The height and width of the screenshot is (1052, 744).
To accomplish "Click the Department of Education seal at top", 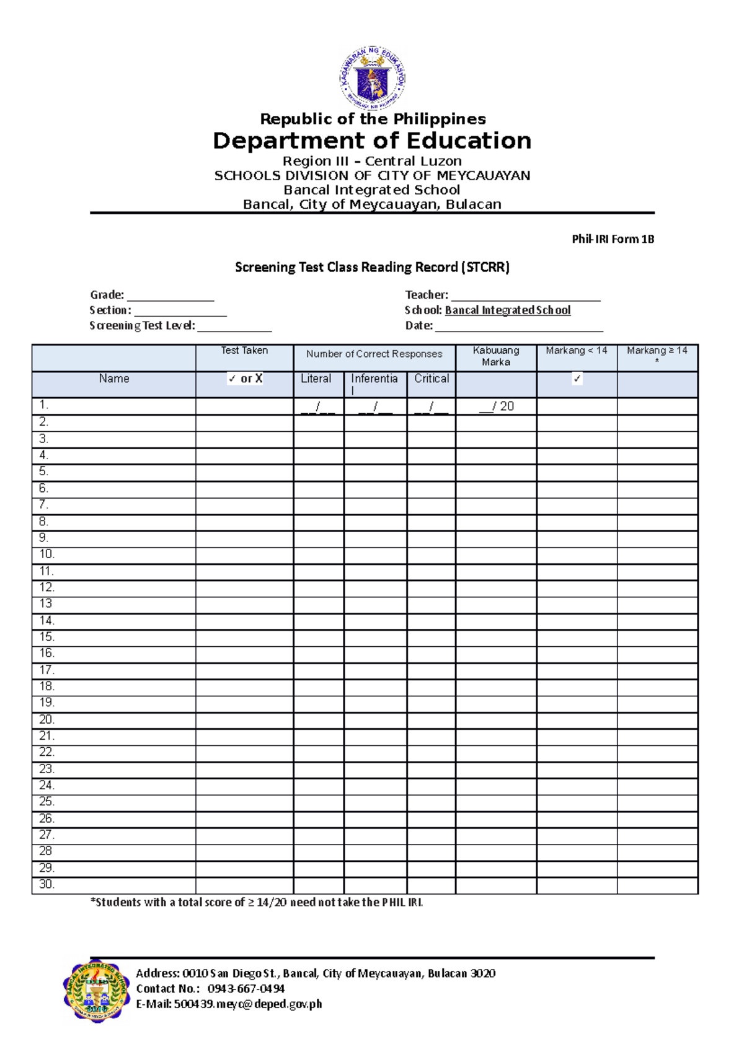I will [373, 79].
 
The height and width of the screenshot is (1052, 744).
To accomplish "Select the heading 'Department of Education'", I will [372, 141].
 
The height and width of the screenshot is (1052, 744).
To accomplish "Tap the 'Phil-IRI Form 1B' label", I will [613, 239].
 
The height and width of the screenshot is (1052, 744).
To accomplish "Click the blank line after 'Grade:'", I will [170, 296].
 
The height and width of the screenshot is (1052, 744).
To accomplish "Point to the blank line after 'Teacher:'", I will [526, 296].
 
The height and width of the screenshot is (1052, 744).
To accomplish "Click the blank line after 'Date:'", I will [519, 327].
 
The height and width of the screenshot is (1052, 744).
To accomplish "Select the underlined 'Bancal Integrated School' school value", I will [508, 310].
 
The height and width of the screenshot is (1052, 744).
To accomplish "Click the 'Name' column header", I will [114, 379].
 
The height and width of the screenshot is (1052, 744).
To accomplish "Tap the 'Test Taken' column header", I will [244, 351].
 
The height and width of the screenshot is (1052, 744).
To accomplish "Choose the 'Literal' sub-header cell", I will [316, 379].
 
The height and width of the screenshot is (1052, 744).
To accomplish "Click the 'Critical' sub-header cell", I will [432, 379].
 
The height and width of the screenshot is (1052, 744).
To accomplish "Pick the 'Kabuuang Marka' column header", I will [496, 356].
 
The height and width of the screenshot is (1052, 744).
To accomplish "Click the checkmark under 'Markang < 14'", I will [577, 379].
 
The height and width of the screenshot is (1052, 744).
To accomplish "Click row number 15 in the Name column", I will [46, 637].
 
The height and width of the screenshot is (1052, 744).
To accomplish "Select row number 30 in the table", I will [46, 884].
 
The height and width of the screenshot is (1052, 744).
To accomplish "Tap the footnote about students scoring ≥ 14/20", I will [257, 903].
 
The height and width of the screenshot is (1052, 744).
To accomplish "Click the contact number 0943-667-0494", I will [246, 989].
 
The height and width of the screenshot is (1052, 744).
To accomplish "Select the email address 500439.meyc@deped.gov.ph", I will [248, 1004].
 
